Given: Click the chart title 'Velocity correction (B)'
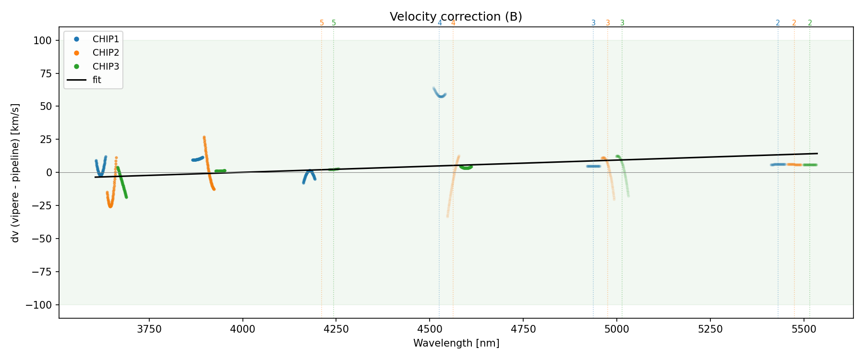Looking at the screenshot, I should tap(456, 17).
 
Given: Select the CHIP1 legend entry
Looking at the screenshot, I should tap(106, 39).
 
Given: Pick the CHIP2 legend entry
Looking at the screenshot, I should tap(106, 52).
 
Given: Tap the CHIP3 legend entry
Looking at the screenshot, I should tap(106, 66).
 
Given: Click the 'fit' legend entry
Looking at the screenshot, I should tap(97, 80).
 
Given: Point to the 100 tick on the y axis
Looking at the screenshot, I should tap(42, 40).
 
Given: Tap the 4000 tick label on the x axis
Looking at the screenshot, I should tap(242, 329).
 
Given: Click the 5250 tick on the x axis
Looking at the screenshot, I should tap(710, 329).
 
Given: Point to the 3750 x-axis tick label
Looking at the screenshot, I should tap(149, 329).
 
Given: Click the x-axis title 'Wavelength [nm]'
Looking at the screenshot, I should tap(456, 343).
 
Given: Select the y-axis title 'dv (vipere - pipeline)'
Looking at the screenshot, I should tap(15, 173).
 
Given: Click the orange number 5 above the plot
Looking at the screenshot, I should tap(322, 23).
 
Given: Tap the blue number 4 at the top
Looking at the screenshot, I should tap(440, 23).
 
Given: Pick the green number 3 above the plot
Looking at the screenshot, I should tap(622, 23).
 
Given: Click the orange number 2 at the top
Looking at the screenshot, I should tap(794, 23).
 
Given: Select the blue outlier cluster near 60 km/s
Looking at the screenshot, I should tap(440, 93).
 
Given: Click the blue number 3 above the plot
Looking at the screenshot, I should tap(593, 23).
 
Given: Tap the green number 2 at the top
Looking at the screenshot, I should tap(810, 23).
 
